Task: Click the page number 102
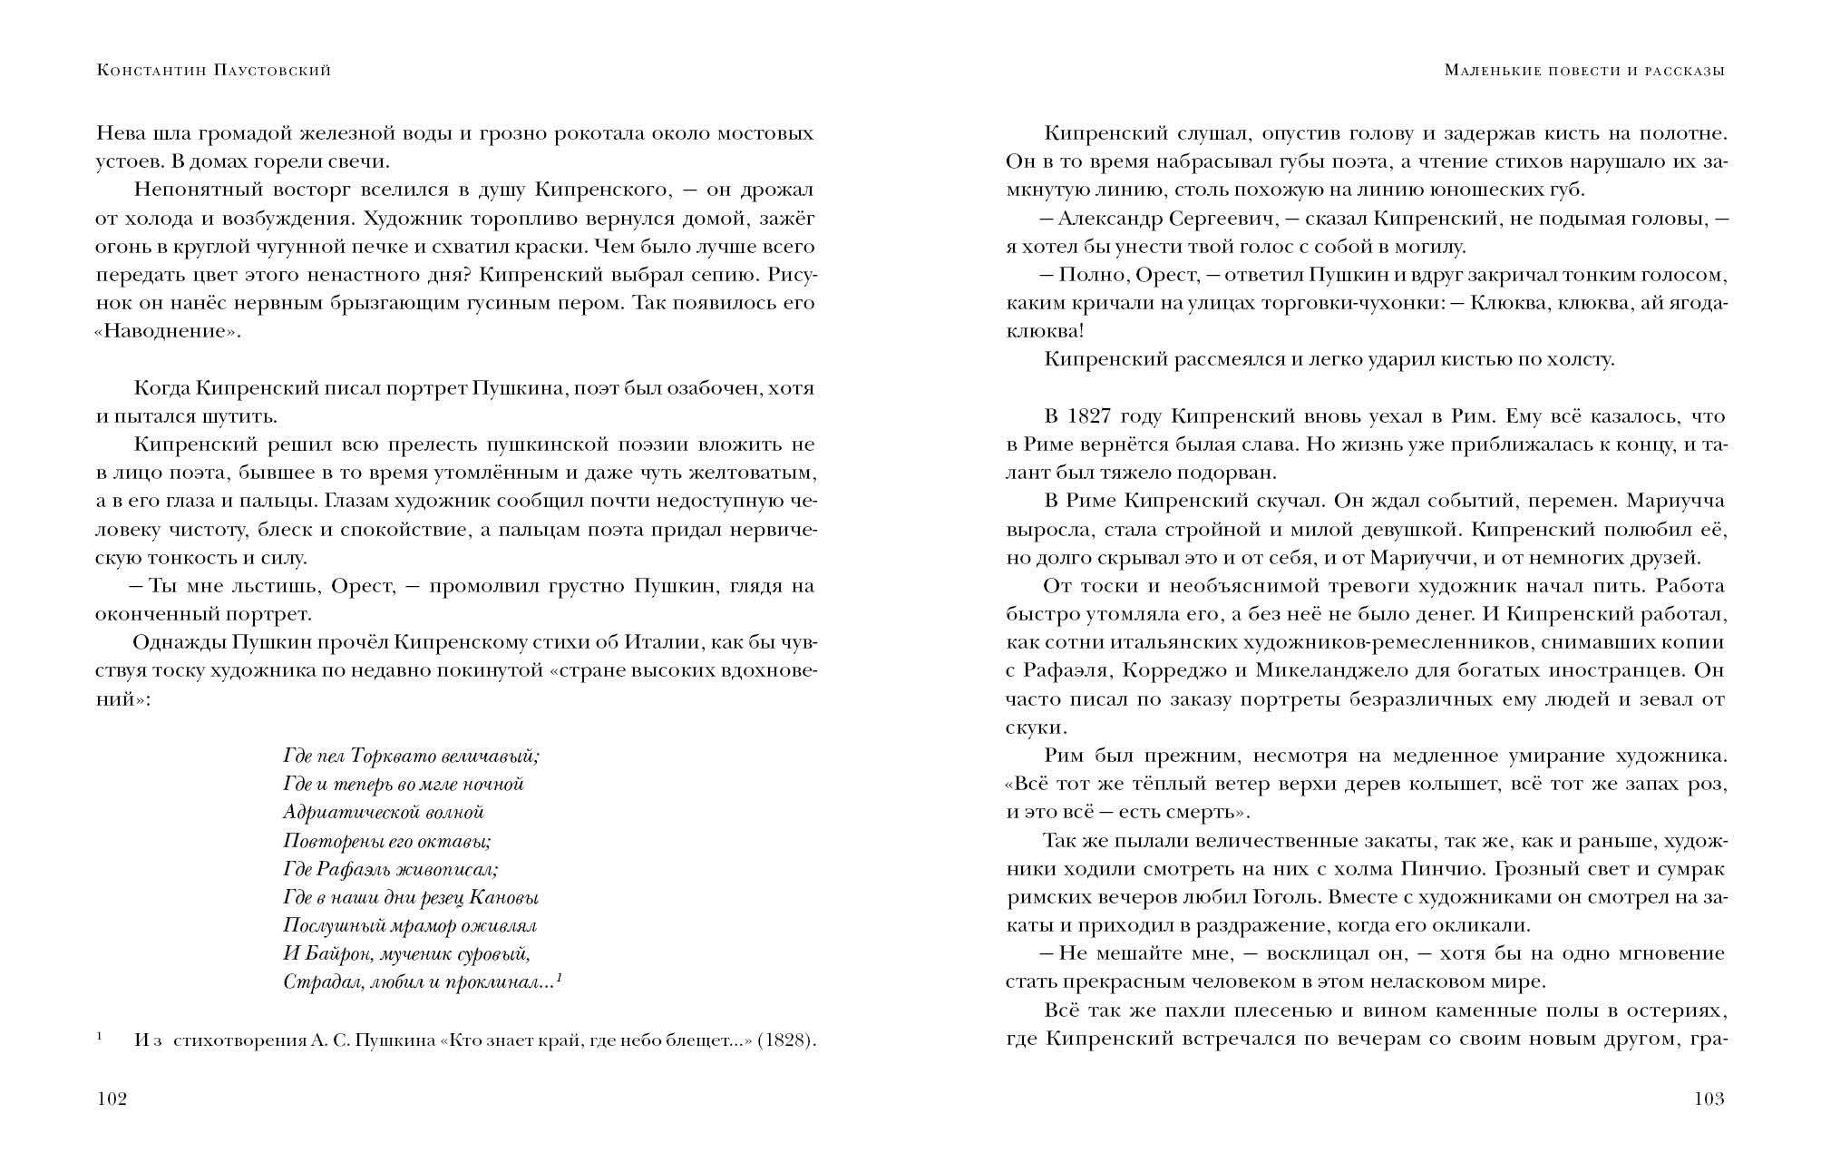pos(112,1099)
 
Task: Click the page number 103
pos(1709,1099)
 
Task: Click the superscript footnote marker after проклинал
pos(560,978)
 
